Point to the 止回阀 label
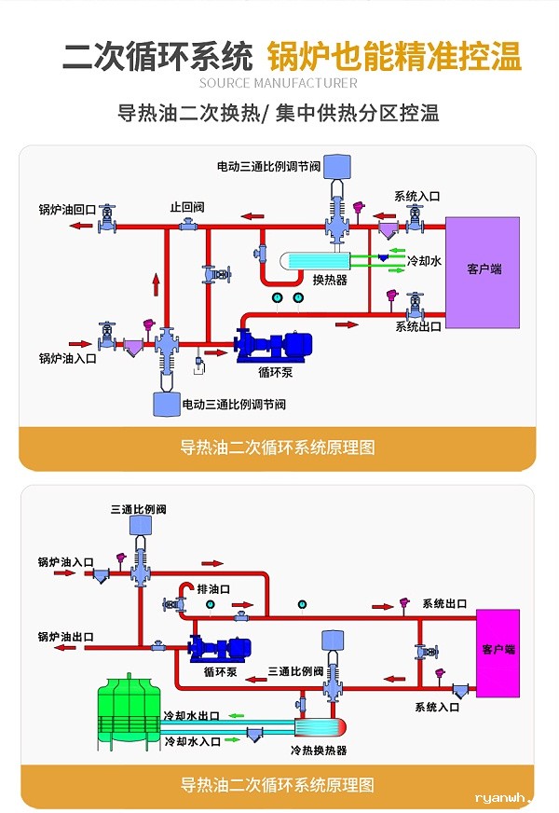(186, 206)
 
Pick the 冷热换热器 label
(319, 750)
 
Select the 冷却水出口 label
(191, 716)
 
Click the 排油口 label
(211, 589)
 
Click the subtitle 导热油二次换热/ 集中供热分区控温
(279, 114)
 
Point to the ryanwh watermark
(503, 797)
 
